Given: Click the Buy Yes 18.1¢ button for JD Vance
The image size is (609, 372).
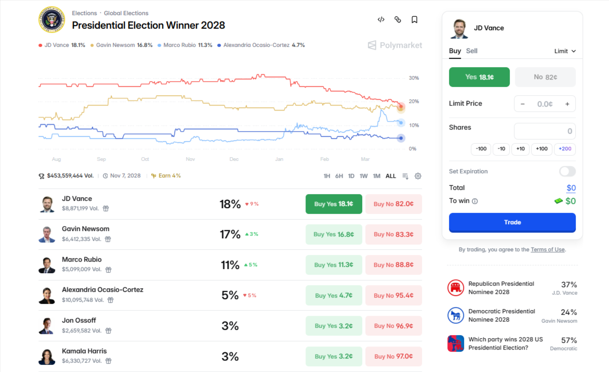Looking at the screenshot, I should point(333,204).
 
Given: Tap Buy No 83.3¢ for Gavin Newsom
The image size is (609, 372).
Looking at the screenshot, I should point(393,234).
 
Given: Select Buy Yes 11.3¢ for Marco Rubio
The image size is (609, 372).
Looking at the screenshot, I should point(333,265).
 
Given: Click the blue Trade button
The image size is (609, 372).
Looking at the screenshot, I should point(512,222).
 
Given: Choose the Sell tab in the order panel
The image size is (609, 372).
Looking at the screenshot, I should point(471,51).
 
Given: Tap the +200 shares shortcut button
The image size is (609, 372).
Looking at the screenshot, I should point(565,149).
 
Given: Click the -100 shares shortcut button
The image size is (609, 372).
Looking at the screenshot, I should point(481,149).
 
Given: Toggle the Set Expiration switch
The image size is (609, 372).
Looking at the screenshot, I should point(567,171).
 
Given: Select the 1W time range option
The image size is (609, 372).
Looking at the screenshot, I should point(364,176).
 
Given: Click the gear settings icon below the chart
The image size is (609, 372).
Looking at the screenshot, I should point(418,176).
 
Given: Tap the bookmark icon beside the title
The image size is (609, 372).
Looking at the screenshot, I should point(414,20).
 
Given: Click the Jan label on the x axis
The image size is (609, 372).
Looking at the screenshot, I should point(279,159).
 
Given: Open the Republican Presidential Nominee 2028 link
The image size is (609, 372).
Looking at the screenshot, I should point(501,288).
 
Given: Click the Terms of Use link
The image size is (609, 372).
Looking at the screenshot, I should point(547,250).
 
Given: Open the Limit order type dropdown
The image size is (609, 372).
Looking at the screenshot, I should point(565,51).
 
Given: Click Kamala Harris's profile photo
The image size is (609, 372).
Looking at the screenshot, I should point(47,356).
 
